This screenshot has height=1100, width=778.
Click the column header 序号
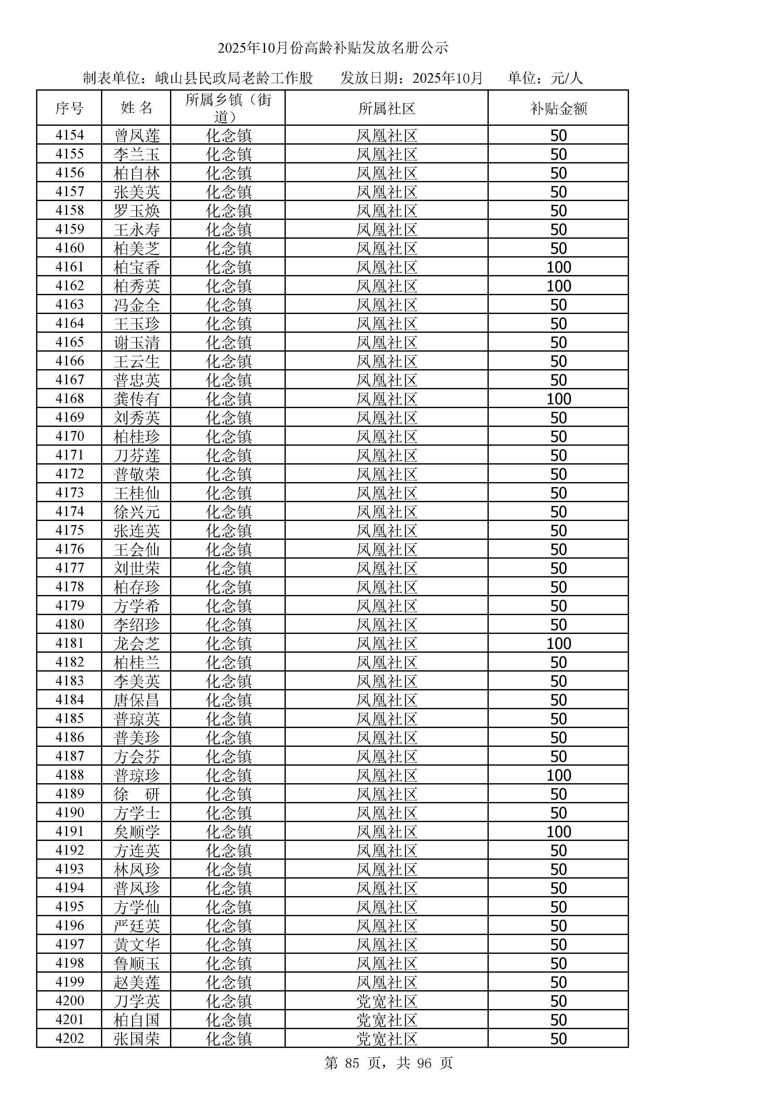[x=69, y=108]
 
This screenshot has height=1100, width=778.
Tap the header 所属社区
[x=386, y=108]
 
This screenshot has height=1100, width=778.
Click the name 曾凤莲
[x=136, y=136]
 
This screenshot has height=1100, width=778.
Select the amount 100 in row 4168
[x=559, y=399]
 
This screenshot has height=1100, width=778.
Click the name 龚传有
[x=136, y=399]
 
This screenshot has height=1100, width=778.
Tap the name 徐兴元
[x=136, y=512]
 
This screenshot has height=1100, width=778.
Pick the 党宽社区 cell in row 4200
[x=386, y=1001]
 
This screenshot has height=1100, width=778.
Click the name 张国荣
[x=136, y=1039]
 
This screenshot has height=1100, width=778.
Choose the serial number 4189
[x=69, y=794]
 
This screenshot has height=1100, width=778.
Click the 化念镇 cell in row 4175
[x=228, y=530]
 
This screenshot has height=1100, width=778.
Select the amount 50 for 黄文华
[x=559, y=944]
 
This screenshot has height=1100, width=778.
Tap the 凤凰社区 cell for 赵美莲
[x=386, y=982]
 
